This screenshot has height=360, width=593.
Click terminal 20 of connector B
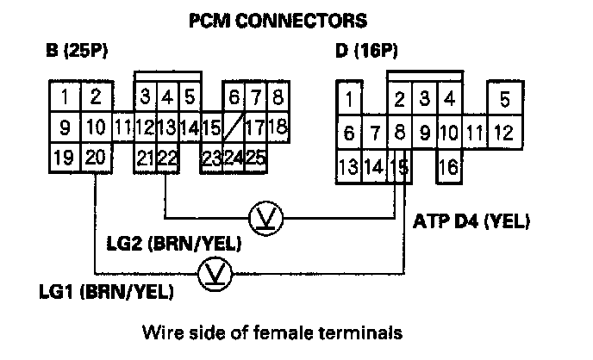click(x=96, y=157)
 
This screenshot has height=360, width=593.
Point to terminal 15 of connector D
click(x=399, y=166)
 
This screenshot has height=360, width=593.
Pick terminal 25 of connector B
click(x=255, y=157)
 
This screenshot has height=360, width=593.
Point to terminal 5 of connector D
click(x=504, y=98)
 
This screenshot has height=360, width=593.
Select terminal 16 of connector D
click(x=448, y=166)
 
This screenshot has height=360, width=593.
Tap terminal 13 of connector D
click(x=349, y=166)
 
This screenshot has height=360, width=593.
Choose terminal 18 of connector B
click(x=277, y=128)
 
